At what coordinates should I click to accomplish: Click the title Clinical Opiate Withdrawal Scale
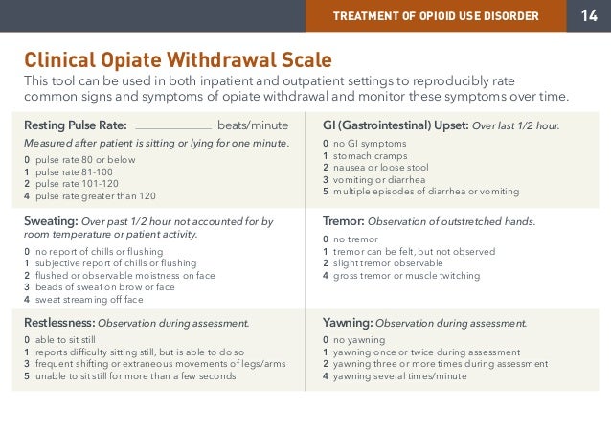point(178,60)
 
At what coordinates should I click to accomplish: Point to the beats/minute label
point(253,125)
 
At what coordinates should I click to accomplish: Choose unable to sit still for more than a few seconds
point(135,375)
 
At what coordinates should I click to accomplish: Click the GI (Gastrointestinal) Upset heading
point(395,125)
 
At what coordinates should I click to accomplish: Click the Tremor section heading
point(344,221)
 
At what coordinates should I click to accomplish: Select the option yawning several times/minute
point(401,375)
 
